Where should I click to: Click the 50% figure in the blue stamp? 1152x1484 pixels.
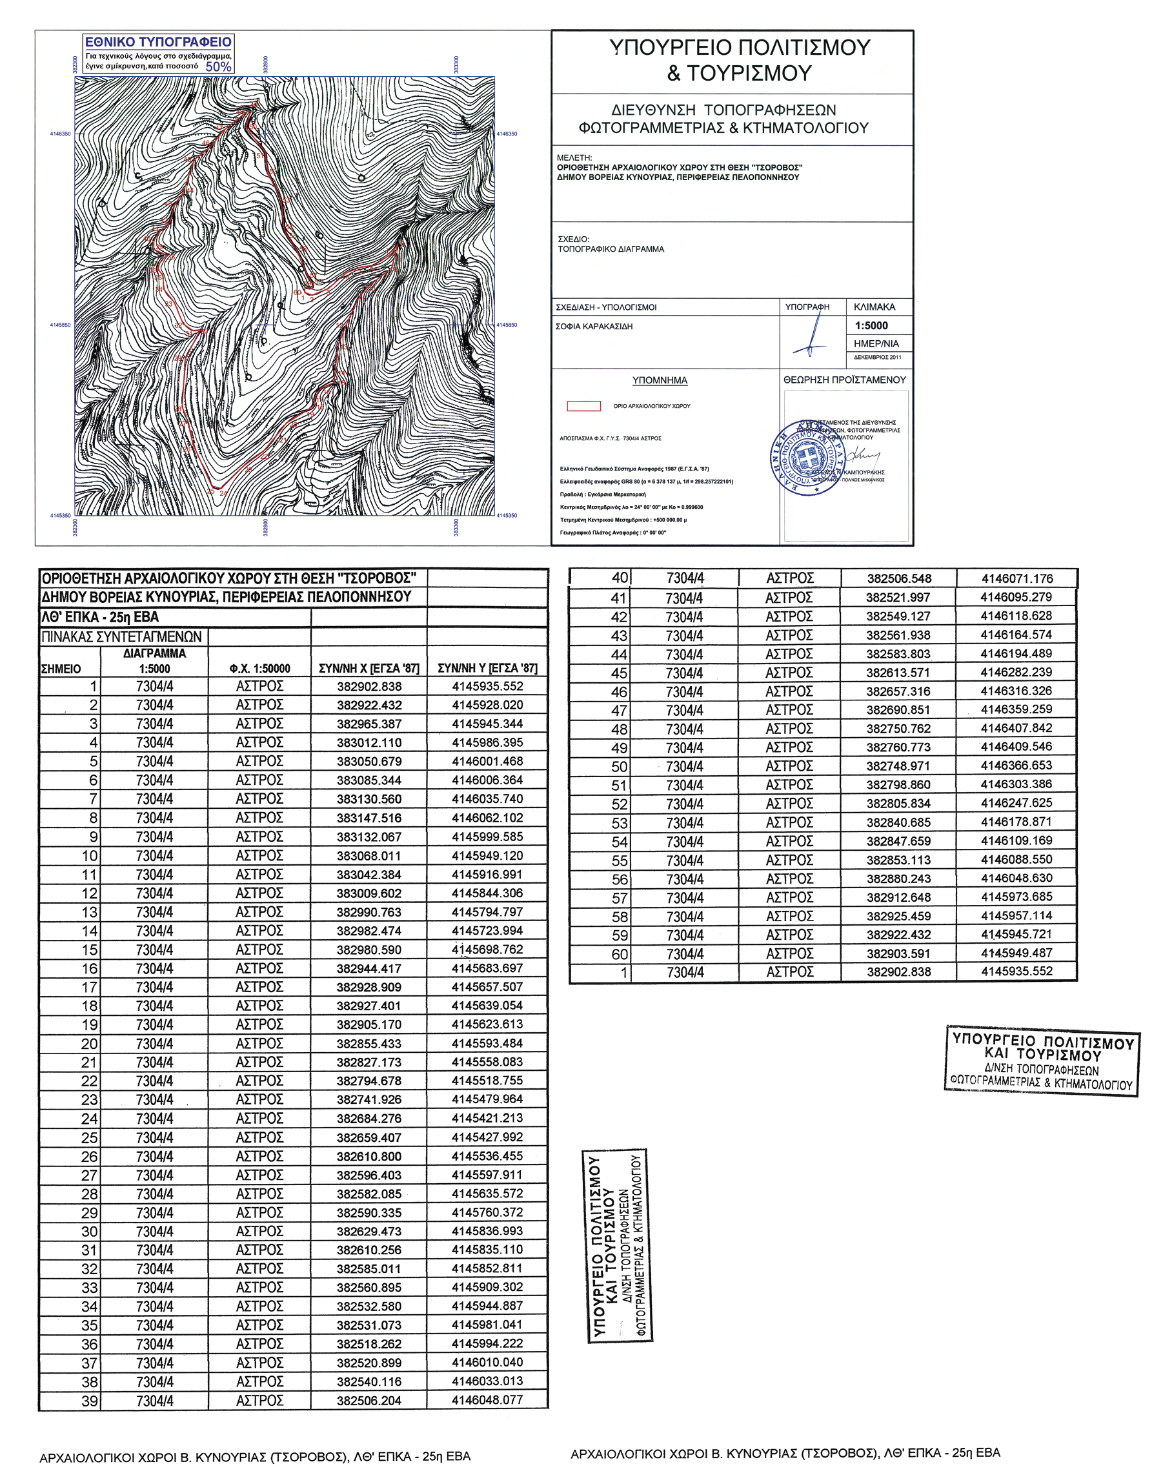click(218, 66)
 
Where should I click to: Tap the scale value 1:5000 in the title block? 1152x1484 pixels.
click(871, 325)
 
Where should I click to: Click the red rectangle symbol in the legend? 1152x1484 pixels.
click(583, 406)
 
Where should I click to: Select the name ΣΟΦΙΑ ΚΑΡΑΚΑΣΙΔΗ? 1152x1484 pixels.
click(594, 327)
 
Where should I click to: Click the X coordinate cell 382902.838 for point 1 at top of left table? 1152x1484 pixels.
click(369, 687)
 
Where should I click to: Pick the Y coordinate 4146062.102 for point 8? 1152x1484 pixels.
click(487, 818)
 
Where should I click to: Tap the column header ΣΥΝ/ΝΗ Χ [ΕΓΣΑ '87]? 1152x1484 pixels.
click(369, 669)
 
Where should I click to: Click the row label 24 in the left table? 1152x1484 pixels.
click(89, 1119)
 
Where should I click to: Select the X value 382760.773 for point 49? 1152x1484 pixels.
click(898, 747)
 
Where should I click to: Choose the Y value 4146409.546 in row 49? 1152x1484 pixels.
click(1016, 747)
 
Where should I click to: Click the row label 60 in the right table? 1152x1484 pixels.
click(619, 954)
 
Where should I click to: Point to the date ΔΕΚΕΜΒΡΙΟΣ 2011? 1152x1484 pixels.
click(878, 358)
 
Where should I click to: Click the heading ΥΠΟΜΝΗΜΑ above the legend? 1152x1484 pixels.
click(660, 380)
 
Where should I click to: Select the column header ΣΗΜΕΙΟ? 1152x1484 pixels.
click(61, 669)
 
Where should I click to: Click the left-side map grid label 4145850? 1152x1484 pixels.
click(61, 325)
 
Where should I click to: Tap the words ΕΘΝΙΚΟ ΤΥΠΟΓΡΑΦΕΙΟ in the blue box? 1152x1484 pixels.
click(158, 42)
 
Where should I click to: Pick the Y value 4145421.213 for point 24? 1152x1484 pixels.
click(487, 1118)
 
